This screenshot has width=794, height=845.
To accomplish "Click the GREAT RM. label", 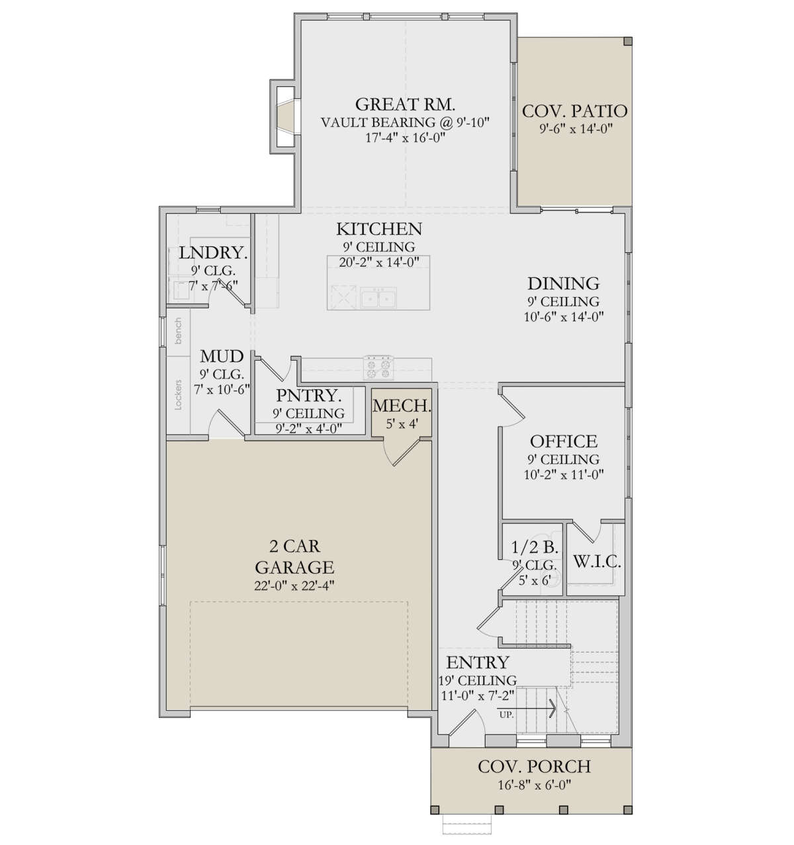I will coord(405,105).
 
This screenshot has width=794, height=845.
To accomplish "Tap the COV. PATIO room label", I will coord(574,111).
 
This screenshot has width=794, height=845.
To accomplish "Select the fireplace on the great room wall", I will coord(283,116).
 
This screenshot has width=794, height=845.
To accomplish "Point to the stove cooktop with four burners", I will coord(378,365).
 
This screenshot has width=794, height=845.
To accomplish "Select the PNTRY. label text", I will coord(309,396).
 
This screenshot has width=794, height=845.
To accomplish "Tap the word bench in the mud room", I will coord(177,331).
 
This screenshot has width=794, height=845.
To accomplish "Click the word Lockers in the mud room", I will coord(178,395).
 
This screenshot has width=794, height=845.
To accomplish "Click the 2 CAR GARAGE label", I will coord(294,556).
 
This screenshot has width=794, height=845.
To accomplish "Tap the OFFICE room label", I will coord(564,441).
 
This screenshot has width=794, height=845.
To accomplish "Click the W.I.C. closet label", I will coord(596,563).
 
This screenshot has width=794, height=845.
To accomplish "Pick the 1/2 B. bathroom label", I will coord(535,548).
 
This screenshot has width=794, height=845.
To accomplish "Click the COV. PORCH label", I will coord(534,767).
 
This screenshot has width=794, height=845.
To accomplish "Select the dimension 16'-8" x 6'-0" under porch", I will coord(534,785).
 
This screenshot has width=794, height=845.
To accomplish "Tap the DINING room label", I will coord(563,284).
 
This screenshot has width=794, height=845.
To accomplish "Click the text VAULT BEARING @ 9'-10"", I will coord(405,122).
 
